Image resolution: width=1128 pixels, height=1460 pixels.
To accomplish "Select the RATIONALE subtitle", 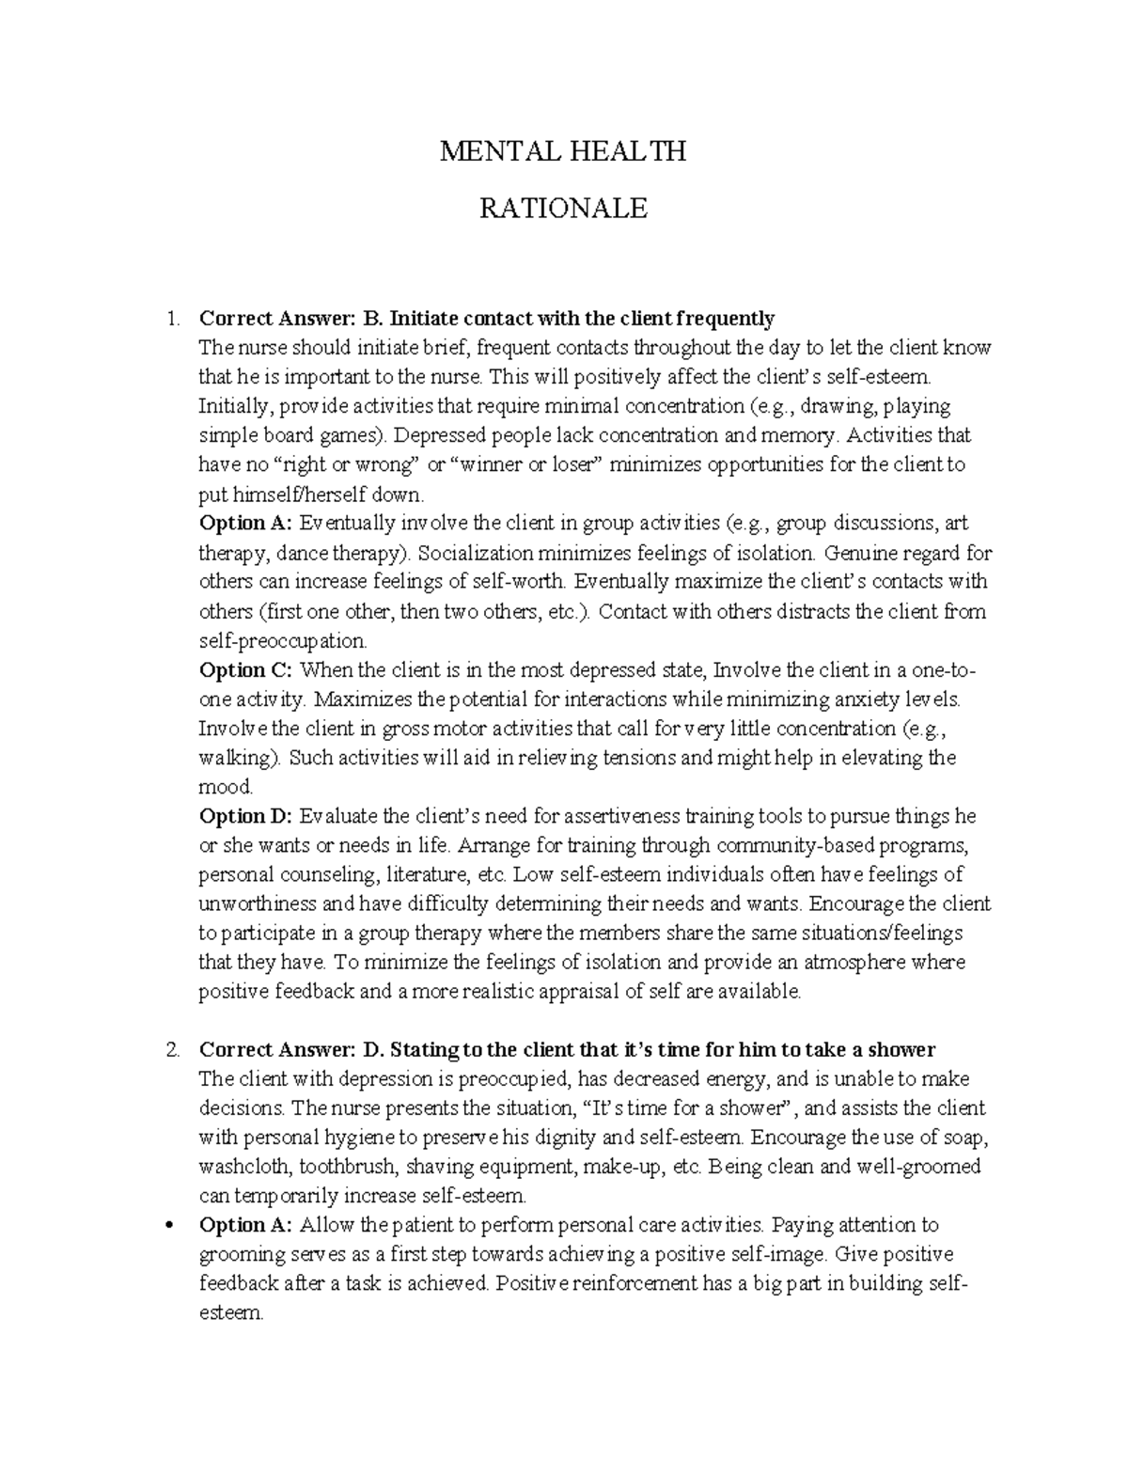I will (x=563, y=208).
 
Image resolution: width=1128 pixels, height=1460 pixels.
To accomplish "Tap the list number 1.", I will (x=170, y=319).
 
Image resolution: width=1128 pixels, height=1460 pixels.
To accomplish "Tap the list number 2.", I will (x=170, y=1050).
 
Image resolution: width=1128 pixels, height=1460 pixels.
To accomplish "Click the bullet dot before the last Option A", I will (x=170, y=1226).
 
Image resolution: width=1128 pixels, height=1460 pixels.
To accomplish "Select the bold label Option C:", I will (x=246, y=670).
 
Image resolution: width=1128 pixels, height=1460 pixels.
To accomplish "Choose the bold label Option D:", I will (x=246, y=816).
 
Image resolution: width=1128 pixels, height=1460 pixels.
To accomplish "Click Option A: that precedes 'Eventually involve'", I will (x=246, y=524).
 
